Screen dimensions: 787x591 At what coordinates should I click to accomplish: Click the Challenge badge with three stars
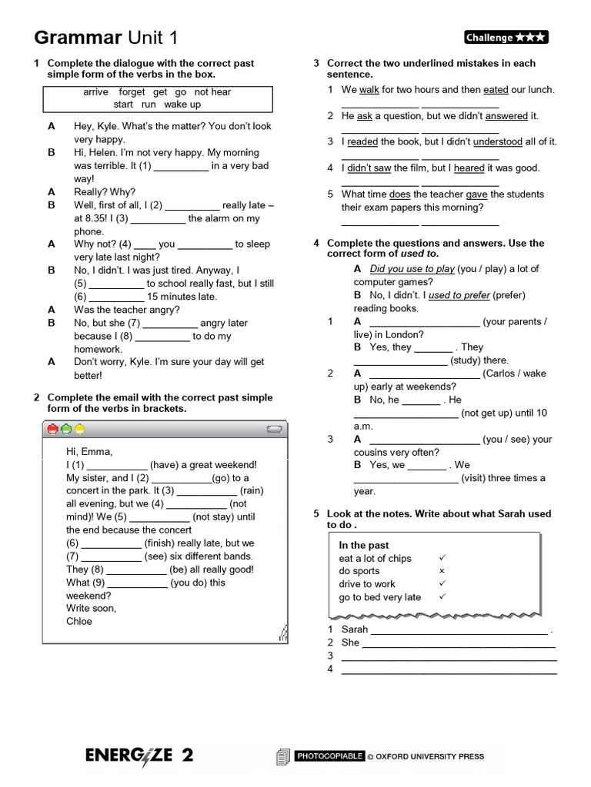[x=506, y=38]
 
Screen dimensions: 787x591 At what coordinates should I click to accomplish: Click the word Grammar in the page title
[x=78, y=38]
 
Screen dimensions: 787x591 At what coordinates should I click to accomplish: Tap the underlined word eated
[x=496, y=90]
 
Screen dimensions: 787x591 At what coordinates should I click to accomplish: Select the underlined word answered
[x=506, y=116]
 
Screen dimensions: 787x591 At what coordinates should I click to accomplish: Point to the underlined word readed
[x=362, y=142]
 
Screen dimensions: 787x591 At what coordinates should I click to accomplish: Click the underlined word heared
[x=469, y=168]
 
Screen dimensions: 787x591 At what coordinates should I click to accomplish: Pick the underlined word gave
[x=476, y=194]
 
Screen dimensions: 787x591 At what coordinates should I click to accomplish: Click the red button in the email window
[x=52, y=429]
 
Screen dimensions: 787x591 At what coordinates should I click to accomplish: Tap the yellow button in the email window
[x=79, y=429]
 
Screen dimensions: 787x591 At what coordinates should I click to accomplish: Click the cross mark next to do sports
[x=442, y=572]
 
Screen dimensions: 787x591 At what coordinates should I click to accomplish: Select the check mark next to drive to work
[x=442, y=584]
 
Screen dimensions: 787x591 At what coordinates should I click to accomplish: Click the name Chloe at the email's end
[x=79, y=622]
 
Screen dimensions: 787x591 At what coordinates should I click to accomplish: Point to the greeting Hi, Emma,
[x=89, y=452]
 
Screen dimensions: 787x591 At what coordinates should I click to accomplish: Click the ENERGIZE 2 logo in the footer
[x=139, y=755]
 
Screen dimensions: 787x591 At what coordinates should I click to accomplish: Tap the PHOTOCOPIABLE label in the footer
[x=329, y=756]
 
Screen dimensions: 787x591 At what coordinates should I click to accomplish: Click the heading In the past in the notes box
[x=364, y=546]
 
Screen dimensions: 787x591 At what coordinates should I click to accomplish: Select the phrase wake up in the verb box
[x=182, y=105]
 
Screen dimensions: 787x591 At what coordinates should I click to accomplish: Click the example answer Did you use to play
[x=412, y=269]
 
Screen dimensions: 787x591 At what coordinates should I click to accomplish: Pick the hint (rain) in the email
[x=252, y=491]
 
